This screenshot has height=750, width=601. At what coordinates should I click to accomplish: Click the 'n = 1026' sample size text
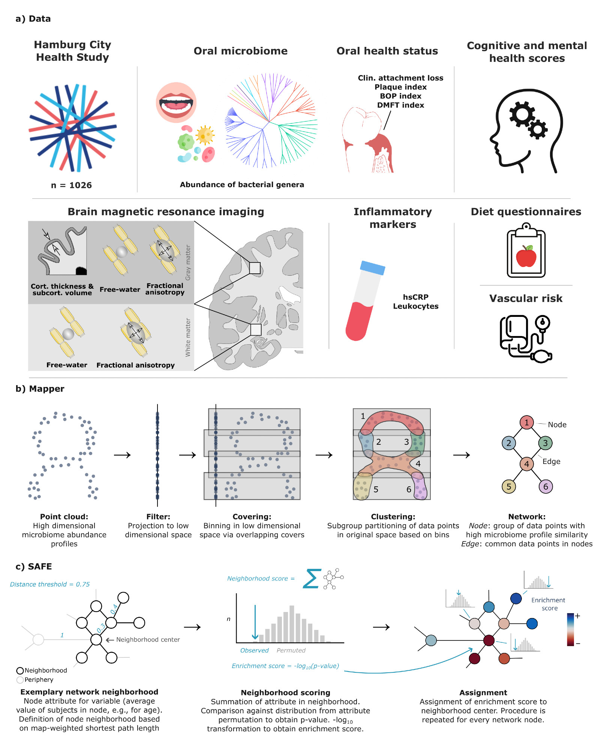71,185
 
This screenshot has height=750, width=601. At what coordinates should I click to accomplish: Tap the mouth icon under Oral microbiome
176,102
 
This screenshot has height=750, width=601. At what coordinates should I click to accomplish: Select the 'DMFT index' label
400,105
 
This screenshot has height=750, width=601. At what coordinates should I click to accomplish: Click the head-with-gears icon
527,131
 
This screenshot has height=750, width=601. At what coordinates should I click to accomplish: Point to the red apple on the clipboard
526,257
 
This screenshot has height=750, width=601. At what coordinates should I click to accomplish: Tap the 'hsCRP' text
415,297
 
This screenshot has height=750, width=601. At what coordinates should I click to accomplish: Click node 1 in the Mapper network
526,423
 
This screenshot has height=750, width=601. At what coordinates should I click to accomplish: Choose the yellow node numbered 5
509,487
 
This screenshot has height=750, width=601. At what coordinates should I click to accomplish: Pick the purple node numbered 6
546,487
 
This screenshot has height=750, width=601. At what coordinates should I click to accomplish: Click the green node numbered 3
545,443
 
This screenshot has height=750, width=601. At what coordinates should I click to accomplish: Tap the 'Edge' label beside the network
551,462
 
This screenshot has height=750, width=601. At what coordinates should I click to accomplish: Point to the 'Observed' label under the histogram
254,651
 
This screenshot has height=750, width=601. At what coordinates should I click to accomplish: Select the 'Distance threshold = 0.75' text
50,584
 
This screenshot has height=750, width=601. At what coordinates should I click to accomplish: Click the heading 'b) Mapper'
40,389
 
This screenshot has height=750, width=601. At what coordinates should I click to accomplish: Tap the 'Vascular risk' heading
526,298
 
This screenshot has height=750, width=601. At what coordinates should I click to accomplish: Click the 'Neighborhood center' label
148,640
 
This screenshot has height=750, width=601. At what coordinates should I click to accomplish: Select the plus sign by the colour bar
577,616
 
